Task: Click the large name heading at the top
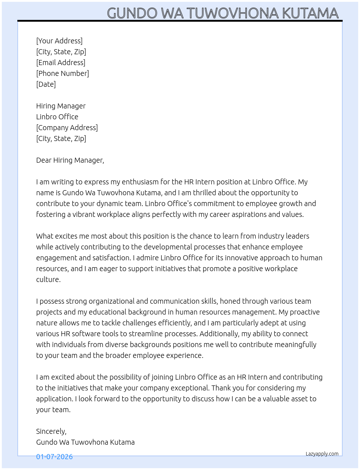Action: pos(223,13)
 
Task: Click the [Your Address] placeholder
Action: pos(59,41)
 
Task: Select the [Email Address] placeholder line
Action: pos(61,63)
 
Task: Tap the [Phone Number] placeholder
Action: pos(63,73)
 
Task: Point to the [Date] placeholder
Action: pos(46,84)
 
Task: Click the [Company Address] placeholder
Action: pos(67,128)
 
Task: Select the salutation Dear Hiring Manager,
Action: pos(70,160)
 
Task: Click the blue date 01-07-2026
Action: pos(54,457)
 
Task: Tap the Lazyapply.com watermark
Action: pos(322,454)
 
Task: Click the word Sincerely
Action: pos(51,431)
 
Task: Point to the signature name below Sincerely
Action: pos(85,442)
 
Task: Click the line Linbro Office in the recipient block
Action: pos(57,117)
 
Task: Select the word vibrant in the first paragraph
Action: pos(85,214)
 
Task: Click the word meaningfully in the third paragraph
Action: pos(295,345)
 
